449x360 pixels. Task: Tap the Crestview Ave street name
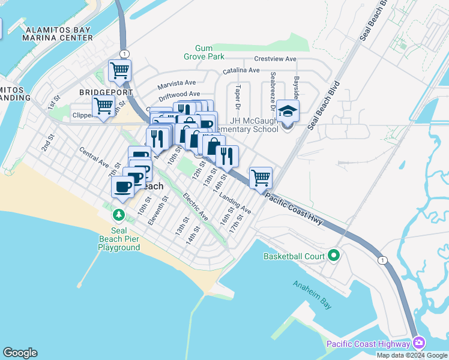coord(275,59)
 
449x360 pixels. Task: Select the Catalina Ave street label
coord(241,71)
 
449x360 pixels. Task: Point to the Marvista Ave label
coord(177,83)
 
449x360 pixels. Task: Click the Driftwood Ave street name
coord(179,95)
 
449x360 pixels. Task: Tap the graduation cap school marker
coord(288,112)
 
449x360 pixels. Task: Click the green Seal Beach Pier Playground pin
coord(119,214)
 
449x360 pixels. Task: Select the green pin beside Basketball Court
coord(334,256)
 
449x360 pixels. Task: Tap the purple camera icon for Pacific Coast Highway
coord(419,344)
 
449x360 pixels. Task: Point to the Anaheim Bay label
coord(312,295)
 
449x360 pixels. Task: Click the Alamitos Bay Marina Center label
coord(57,33)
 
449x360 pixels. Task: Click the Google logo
coord(20,353)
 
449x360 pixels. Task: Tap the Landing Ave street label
coord(235,203)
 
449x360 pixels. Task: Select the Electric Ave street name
coord(196,206)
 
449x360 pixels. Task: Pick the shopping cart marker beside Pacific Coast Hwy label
coord(261,178)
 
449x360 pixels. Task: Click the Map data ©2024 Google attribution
coord(412,355)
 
